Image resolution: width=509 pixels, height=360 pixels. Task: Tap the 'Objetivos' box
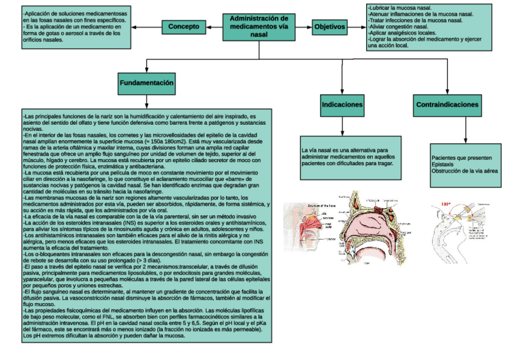[x=330, y=27]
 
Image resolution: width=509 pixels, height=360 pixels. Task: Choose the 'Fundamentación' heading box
[x=146, y=82]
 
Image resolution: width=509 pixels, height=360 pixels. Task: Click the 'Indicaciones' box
[x=342, y=104]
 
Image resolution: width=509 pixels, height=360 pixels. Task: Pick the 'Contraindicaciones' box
[x=447, y=104]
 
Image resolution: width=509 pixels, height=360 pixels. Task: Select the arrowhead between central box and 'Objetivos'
[x=308, y=27]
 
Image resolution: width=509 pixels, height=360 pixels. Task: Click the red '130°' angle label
[x=446, y=204]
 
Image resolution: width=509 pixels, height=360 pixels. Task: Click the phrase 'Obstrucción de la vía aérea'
[x=464, y=170]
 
